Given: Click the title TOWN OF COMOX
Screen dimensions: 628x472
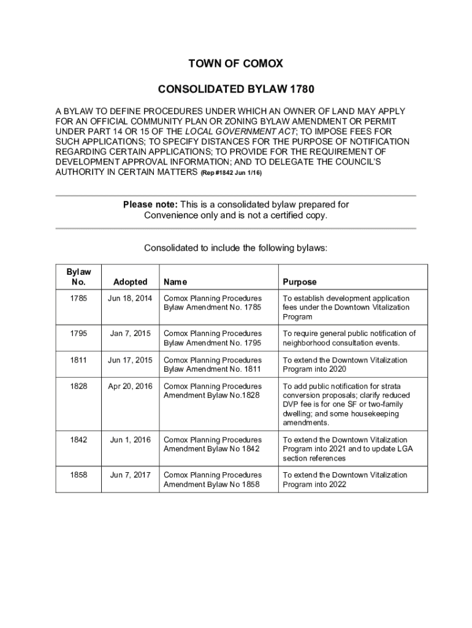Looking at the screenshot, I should click(236, 64).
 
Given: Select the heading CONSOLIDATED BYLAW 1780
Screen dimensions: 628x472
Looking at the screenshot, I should click(236, 90).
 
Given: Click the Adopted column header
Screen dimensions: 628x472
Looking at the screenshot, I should click(130, 281).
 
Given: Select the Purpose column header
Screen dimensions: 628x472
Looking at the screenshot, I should click(300, 281).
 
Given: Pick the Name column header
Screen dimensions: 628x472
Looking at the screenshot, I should click(175, 281).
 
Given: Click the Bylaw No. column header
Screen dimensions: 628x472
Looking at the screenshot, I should click(78, 277).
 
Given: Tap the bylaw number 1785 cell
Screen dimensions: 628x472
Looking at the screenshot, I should click(78, 299).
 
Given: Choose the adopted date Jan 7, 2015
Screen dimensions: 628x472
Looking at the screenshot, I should click(130, 334).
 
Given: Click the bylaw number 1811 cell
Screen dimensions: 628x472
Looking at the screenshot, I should click(78, 360).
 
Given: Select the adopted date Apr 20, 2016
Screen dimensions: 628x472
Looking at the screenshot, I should click(130, 386).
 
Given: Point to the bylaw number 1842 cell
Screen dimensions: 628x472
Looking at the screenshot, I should click(78, 440).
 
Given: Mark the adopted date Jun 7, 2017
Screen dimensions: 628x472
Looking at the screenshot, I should click(130, 475).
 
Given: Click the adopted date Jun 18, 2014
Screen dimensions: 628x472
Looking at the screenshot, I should click(130, 299).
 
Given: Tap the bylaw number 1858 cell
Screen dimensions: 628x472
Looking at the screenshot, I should click(78, 475).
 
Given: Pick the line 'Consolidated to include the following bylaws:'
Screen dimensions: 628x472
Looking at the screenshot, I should click(236, 248).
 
